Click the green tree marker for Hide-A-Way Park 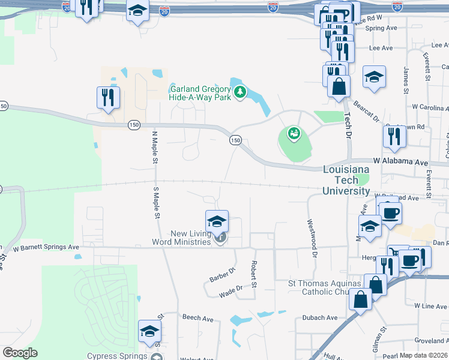[x=240, y=92]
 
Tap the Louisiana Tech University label [x=346, y=180]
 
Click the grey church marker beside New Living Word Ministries [x=220, y=239]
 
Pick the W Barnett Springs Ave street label [x=46, y=247]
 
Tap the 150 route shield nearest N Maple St [x=133, y=125]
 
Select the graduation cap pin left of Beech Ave [x=150, y=331]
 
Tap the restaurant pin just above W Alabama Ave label [x=395, y=137]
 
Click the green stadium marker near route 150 [x=294, y=133]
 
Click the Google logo [x=20, y=353]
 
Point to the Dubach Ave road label [x=320, y=317]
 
